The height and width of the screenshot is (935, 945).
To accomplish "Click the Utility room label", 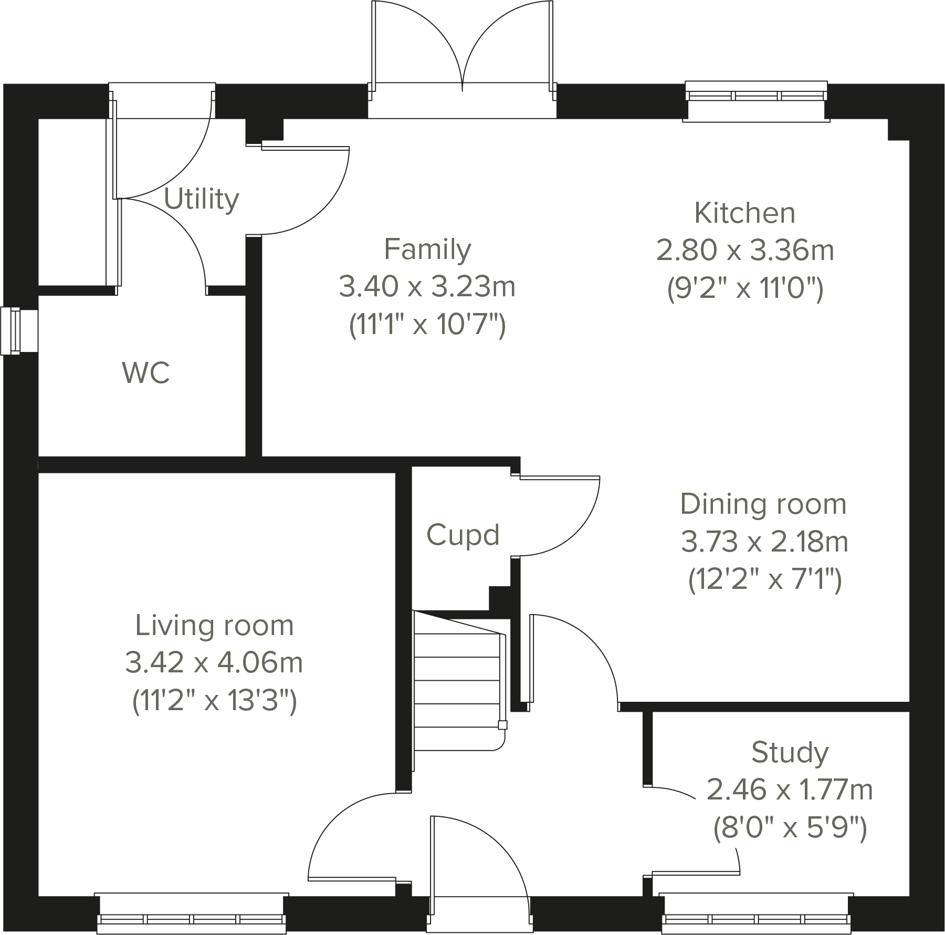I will pos(202,200).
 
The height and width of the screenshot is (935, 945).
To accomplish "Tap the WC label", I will pos(146,373).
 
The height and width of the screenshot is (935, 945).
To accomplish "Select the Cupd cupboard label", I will pos(463,535).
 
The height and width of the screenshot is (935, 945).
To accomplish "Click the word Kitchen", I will pos(744,213).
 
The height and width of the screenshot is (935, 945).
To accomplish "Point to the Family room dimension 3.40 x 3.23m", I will pos(427,287).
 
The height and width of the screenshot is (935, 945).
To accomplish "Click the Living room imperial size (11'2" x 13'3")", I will pos(214,700).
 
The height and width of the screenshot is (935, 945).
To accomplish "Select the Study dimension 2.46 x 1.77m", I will pos(790,789).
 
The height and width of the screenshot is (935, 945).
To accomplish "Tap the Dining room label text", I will pos(763,504).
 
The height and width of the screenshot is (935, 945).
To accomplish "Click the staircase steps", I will pos(457,683).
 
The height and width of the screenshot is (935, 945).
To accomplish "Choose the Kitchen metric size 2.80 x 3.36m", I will pos(744,251).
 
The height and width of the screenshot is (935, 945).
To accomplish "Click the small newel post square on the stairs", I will pos(502,725).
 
